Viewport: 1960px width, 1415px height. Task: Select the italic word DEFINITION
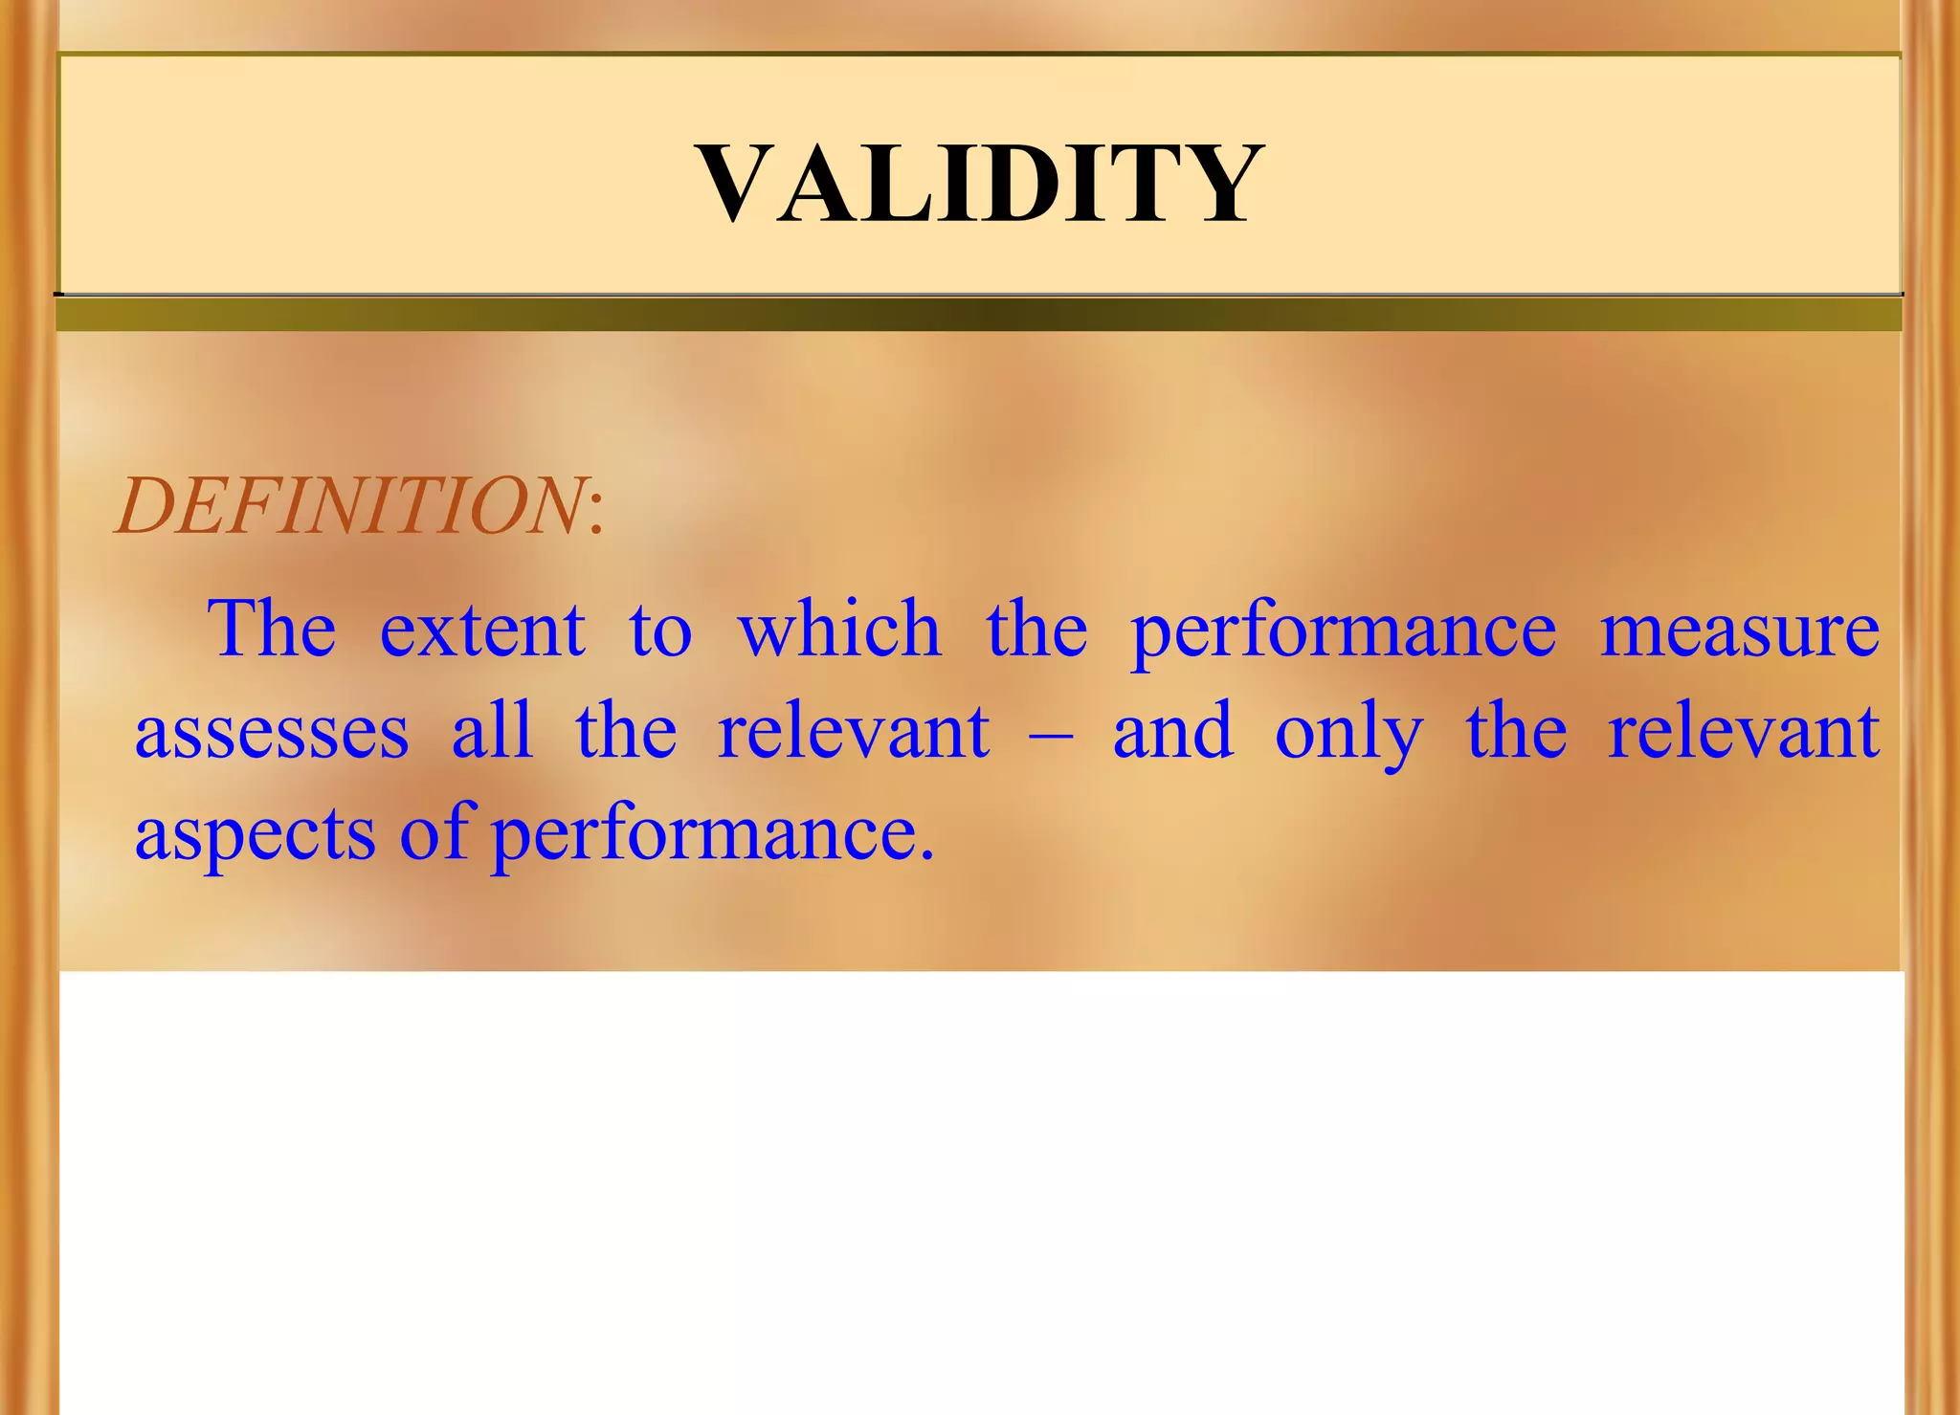point(350,505)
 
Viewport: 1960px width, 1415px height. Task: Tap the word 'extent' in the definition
point(482,630)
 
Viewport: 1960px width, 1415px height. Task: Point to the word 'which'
point(839,630)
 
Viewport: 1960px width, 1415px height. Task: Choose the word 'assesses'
point(272,732)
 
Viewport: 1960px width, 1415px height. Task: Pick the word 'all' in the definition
point(492,732)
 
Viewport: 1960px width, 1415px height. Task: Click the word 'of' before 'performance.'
point(436,832)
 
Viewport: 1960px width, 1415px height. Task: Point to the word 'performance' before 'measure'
point(1344,632)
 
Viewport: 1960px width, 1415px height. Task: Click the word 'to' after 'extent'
point(660,632)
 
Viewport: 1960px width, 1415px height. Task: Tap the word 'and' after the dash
point(1173,732)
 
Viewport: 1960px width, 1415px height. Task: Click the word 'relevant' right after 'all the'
point(854,732)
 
